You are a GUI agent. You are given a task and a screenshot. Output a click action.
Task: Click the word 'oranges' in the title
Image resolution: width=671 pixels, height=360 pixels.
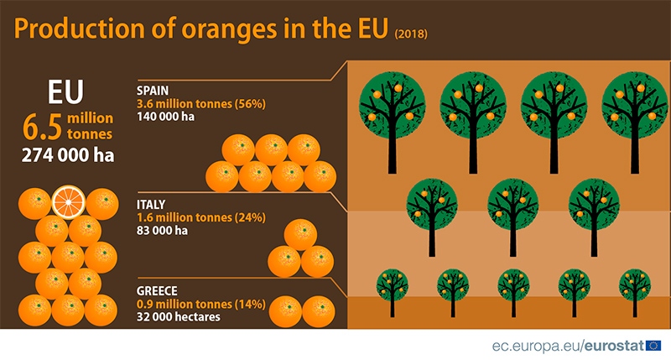point(229,29)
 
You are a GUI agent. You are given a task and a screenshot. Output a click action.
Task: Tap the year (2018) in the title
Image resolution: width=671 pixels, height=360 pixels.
point(411,34)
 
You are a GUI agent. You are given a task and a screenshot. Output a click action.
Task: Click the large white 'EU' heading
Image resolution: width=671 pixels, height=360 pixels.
point(65,91)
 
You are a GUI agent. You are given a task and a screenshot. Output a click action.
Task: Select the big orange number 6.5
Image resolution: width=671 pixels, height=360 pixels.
point(42,128)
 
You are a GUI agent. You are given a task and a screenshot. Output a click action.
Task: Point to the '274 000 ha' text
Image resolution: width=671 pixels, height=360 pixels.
point(68,155)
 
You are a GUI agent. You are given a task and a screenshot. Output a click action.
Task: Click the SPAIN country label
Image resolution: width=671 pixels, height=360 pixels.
point(153,91)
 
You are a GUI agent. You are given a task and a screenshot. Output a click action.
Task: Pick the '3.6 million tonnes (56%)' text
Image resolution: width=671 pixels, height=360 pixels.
point(201,104)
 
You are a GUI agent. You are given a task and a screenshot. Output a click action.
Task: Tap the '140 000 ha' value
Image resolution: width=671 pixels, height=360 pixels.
point(165,117)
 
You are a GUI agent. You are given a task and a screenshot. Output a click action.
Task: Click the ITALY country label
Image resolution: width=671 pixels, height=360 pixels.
point(151,205)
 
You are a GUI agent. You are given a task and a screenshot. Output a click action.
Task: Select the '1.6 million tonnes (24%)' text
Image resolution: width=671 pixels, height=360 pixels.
point(201,217)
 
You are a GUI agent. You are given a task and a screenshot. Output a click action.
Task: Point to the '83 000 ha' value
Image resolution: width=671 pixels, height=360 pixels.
point(162,231)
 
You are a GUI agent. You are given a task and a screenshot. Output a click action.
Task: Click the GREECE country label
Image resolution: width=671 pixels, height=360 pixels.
point(157,291)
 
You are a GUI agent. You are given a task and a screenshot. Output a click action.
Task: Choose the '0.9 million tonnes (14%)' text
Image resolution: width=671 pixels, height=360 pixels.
point(201,305)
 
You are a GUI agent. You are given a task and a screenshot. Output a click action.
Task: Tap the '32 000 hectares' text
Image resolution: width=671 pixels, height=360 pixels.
point(178,316)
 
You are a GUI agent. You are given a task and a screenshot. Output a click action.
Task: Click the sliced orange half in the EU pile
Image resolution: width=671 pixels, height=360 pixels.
point(69,201)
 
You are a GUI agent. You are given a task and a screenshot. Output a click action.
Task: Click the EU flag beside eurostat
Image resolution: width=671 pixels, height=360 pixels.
point(653,346)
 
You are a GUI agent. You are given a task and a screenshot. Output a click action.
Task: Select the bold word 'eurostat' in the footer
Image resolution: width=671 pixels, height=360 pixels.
point(614,346)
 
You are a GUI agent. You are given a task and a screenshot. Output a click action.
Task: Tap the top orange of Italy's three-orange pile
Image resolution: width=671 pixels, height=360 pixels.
point(300,235)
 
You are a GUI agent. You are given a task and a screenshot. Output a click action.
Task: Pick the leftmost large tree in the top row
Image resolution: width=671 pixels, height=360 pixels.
point(392,122)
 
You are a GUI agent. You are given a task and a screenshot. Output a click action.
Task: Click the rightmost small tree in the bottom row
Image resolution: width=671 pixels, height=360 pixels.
point(635,293)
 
